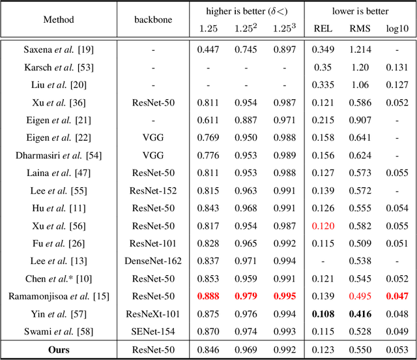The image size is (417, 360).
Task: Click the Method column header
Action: pyautogui.click(x=59, y=20)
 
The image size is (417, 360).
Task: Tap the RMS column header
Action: pyautogui.click(x=359, y=28)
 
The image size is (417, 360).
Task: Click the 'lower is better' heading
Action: pyautogui.click(x=360, y=11)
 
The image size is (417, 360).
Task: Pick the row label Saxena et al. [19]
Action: pyautogui.click(x=59, y=49)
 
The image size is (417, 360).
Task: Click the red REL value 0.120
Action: pyautogui.click(x=323, y=225)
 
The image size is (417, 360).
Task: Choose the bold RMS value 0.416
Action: pyautogui.click(x=359, y=313)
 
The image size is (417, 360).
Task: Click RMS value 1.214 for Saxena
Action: pyautogui.click(x=359, y=49)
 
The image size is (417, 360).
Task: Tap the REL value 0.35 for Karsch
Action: pyautogui.click(x=323, y=67)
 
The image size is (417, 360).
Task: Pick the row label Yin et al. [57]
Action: pyautogui.click(x=59, y=313)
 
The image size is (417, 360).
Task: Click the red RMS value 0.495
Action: pyautogui.click(x=359, y=295)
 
